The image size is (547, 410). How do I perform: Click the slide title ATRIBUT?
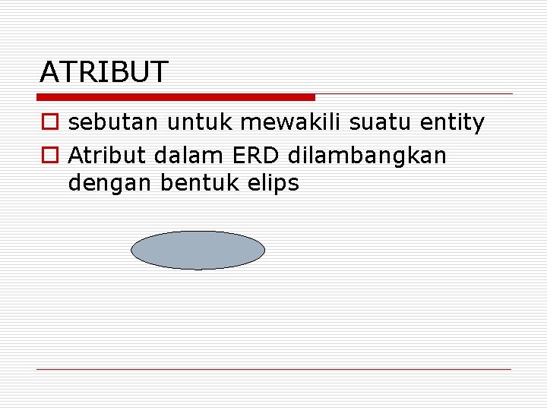103,72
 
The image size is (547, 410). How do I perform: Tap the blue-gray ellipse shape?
198,251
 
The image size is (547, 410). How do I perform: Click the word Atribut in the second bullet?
107,155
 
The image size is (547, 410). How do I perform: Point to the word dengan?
109,183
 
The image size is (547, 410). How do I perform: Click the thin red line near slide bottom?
273,369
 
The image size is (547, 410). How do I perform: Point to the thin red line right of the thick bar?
414,94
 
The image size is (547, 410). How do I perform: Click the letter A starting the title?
49,72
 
